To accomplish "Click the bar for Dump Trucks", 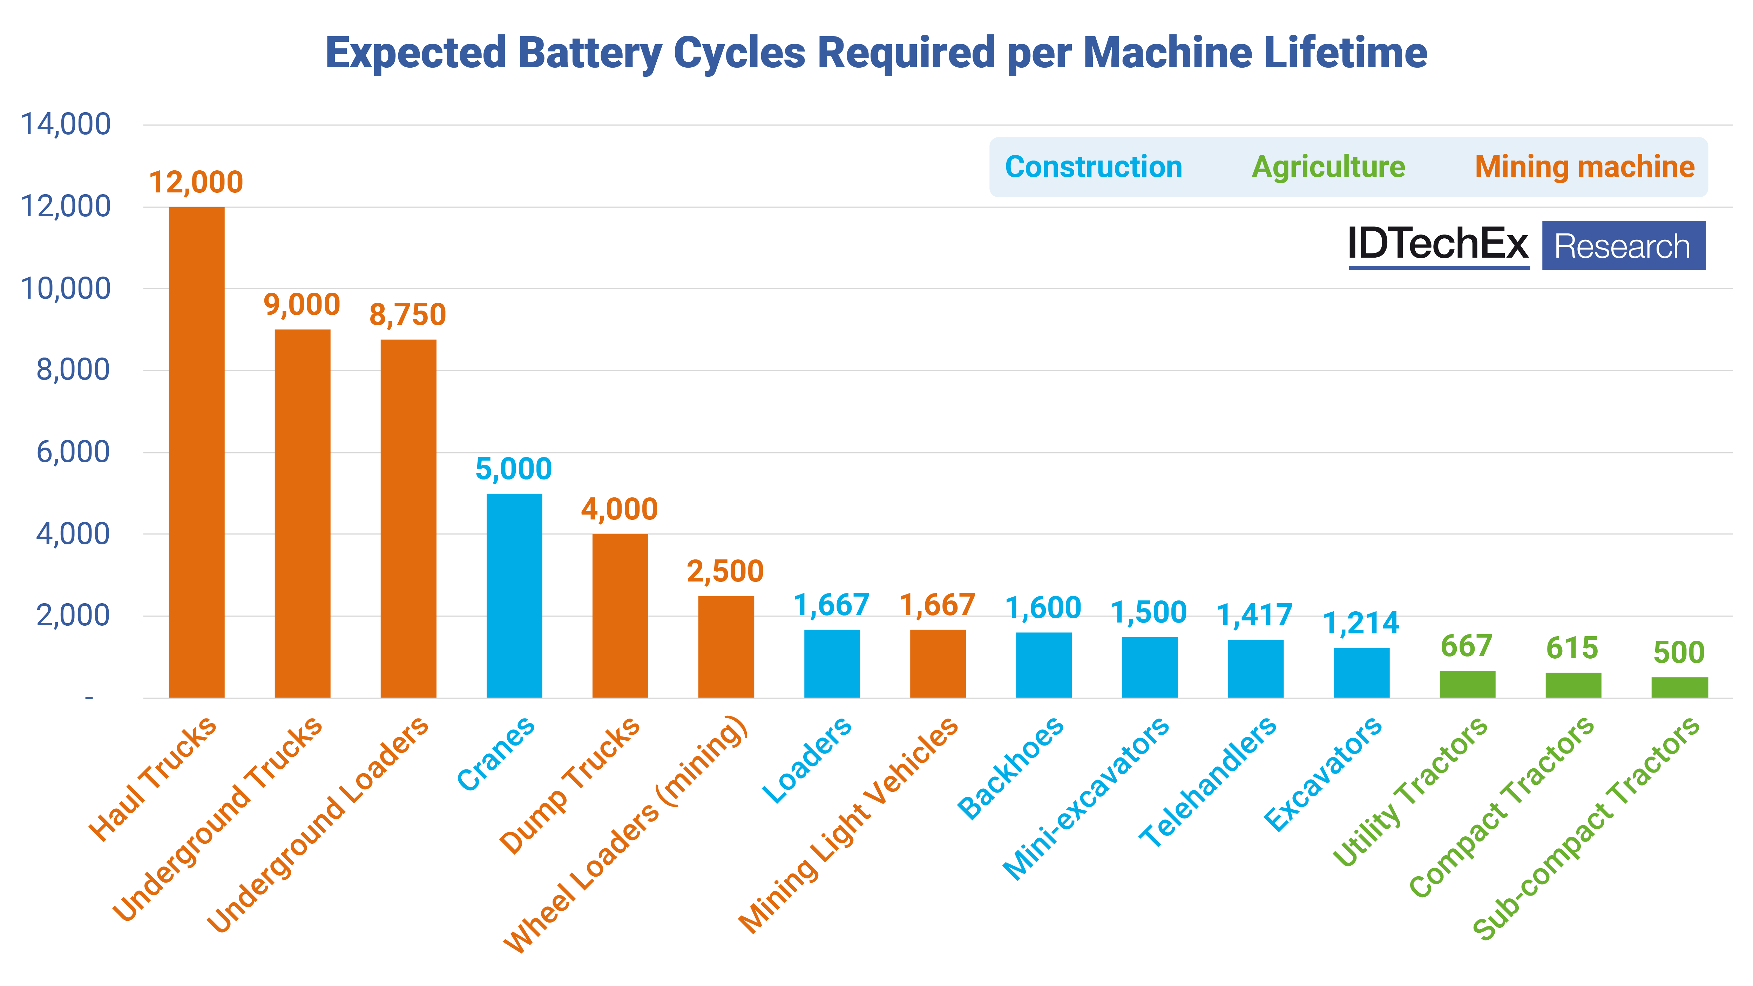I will point(620,616).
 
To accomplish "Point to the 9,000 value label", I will point(302,305).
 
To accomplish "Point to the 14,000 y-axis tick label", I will point(65,124).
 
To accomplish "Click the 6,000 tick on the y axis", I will point(72,452).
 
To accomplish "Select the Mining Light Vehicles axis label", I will point(848,825).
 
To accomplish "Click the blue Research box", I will point(1623,246).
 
